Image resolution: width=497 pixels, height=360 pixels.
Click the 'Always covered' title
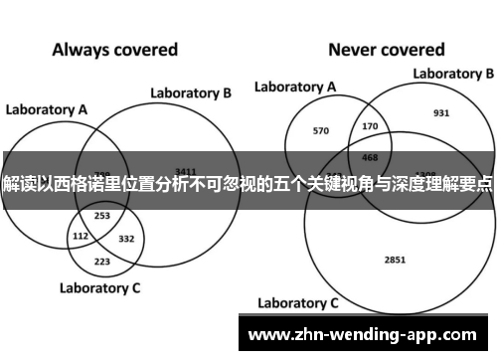click(114, 49)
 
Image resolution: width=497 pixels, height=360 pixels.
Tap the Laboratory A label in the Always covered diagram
click(47, 109)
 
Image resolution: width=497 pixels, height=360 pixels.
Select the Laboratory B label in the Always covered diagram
click(191, 93)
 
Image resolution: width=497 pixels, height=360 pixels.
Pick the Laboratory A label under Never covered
click(294, 88)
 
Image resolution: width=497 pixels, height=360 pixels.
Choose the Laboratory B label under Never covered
click(453, 74)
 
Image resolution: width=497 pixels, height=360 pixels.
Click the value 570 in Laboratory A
click(320, 130)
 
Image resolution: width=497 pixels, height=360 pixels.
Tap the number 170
click(371, 126)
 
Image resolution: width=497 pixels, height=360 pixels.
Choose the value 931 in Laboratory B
click(441, 112)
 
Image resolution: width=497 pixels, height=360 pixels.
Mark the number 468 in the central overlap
click(369, 156)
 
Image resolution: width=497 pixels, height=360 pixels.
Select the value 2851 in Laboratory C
click(395, 232)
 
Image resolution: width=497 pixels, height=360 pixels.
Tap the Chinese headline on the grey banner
click(248, 185)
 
